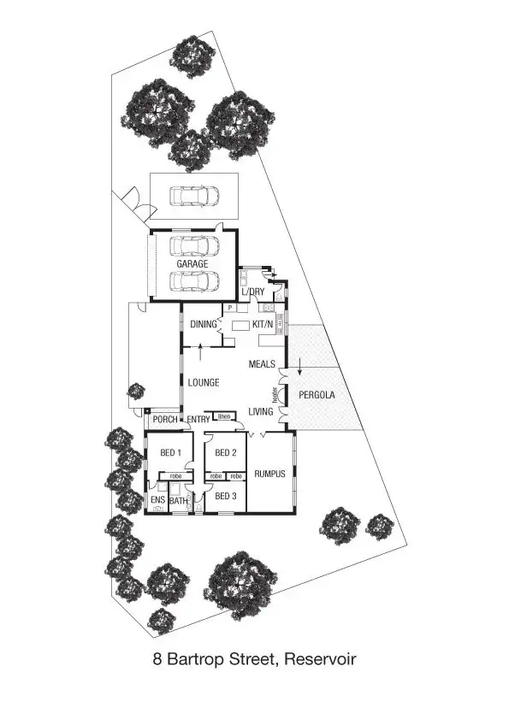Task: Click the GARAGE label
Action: pos(192,265)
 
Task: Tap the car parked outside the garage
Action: pos(193,197)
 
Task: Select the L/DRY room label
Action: pos(252,292)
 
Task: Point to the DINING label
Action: pos(203,325)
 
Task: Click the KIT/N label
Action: pos(262,325)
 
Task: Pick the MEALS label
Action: pos(262,364)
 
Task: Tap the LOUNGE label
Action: pos(204,382)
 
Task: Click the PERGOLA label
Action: pos(317,396)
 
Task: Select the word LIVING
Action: pos(261,412)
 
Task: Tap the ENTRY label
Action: pos(198,420)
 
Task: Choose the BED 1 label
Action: pos(171,453)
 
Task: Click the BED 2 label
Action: pos(225,453)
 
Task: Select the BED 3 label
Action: pos(225,496)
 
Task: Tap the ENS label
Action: pos(157,499)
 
